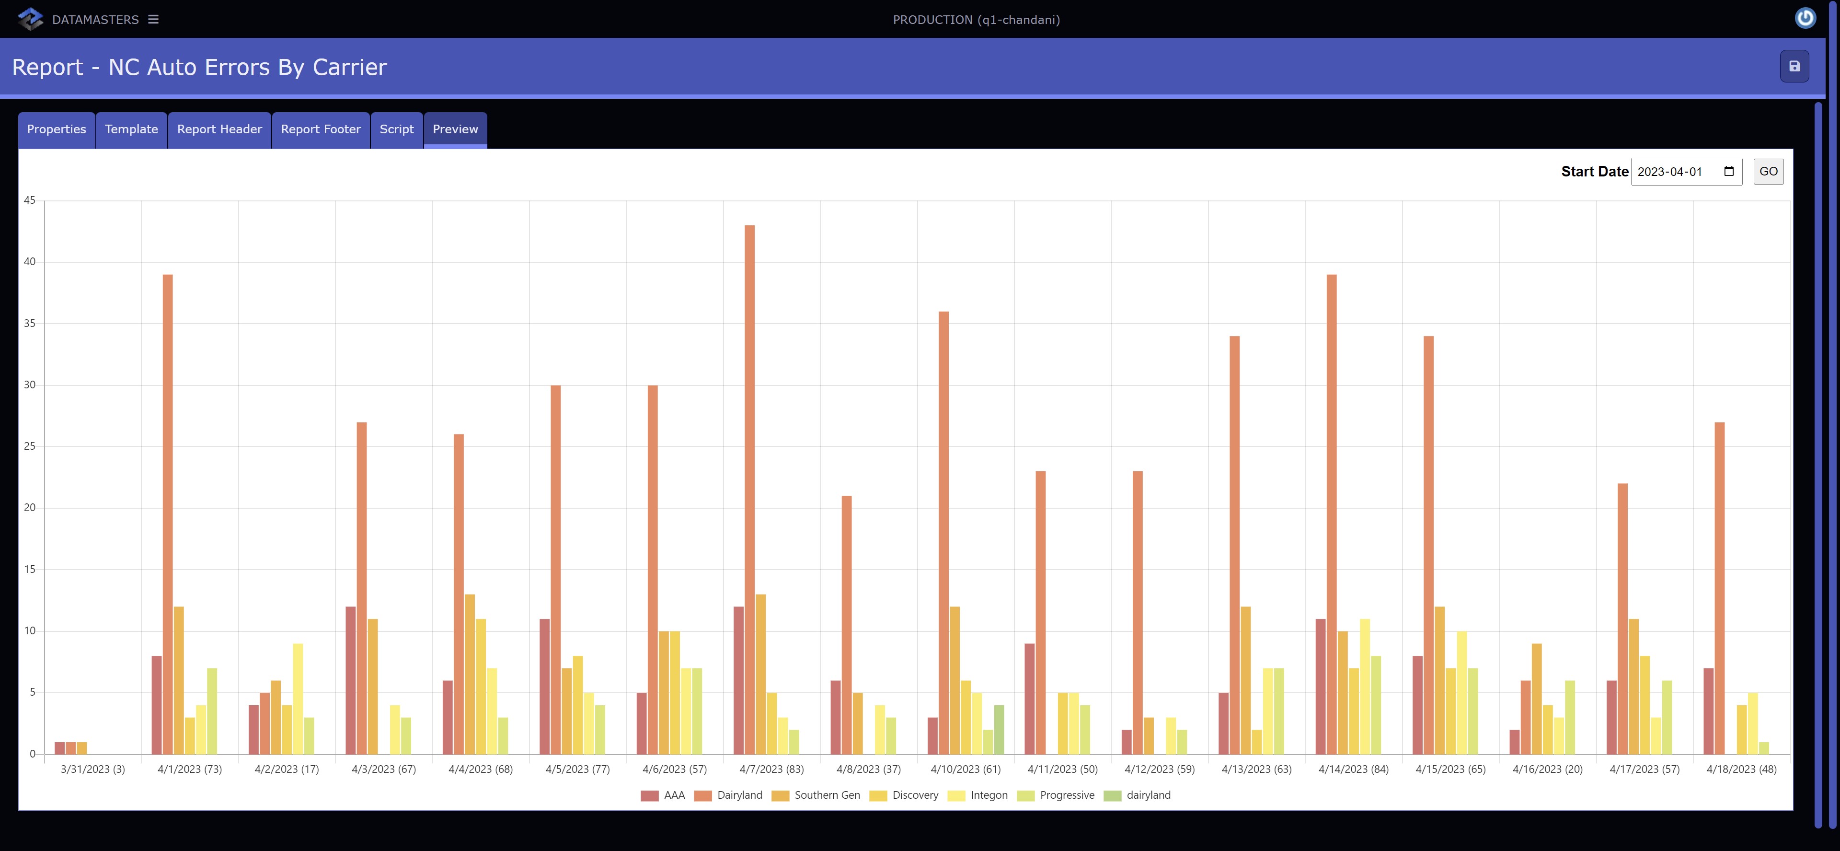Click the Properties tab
pyautogui.click(x=57, y=129)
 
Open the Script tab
pyautogui.click(x=396, y=129)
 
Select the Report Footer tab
pyautogui.click(x=321, y=129)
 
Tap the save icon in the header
pyautogui.click(x=1794, y=67)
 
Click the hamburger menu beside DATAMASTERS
pyautogui.click(x=153, y=19)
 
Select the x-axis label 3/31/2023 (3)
pyautogui.click(x=93, y=769)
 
